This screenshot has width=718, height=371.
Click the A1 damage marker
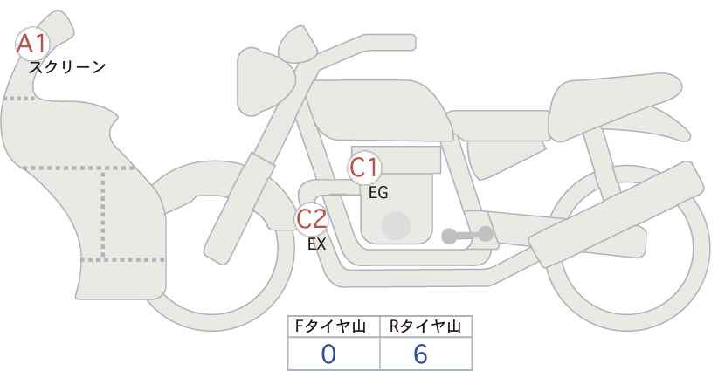tap(32, 44)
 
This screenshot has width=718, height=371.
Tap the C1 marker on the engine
tap(364, 168)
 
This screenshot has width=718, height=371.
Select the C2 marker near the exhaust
tap(311, 218)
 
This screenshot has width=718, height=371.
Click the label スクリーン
tap(67, 68)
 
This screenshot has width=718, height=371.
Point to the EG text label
tap(378, 193)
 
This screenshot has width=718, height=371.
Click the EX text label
tap(316, 244)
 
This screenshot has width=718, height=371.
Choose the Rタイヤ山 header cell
tap(426, 326)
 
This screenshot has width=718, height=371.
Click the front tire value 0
tap(328, 354)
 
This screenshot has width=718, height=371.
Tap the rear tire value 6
tap(420, 354)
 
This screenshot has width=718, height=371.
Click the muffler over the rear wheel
tap(617, 214)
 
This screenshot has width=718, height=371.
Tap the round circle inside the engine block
tap(396, 225)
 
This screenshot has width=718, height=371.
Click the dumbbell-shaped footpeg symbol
tap(467, 235)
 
